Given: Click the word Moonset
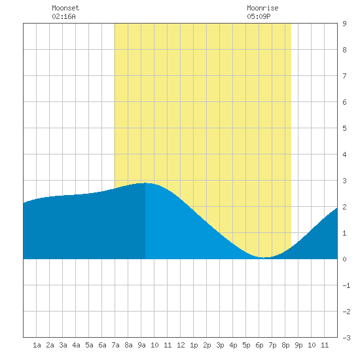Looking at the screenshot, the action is [x=65, y=8].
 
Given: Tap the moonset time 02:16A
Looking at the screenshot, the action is [x=63, y=16].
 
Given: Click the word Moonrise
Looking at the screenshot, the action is [x=262, y=8].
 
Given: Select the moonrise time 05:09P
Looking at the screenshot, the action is [x=259, y=16].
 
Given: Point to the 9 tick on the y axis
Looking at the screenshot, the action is [x=344, y=24].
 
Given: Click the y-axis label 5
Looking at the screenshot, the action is [x=344, y=128].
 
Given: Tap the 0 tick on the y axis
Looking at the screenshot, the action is [x=344, y=259].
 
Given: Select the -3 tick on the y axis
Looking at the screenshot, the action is [x=346, y=338].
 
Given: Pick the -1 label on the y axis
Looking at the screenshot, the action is [x=346, y=285].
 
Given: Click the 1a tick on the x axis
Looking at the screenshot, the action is [x=37, y=345].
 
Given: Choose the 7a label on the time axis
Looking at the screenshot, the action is [x=115, y=345].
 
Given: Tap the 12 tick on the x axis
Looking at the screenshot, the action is [x=181, y=345].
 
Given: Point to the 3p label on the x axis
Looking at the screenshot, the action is [x=220, y=345].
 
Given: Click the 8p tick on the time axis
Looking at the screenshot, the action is [x=285, y=345].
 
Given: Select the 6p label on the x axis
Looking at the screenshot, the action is [x=259, y=345].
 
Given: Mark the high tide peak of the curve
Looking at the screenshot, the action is [x=145, y=183].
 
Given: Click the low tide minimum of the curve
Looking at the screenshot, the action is [x=264, y=257].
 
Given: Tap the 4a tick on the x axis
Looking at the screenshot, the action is [x=76, y=345].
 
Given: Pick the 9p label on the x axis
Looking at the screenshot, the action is [x=298, y=345].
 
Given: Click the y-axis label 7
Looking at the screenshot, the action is [x=344, y=76].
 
